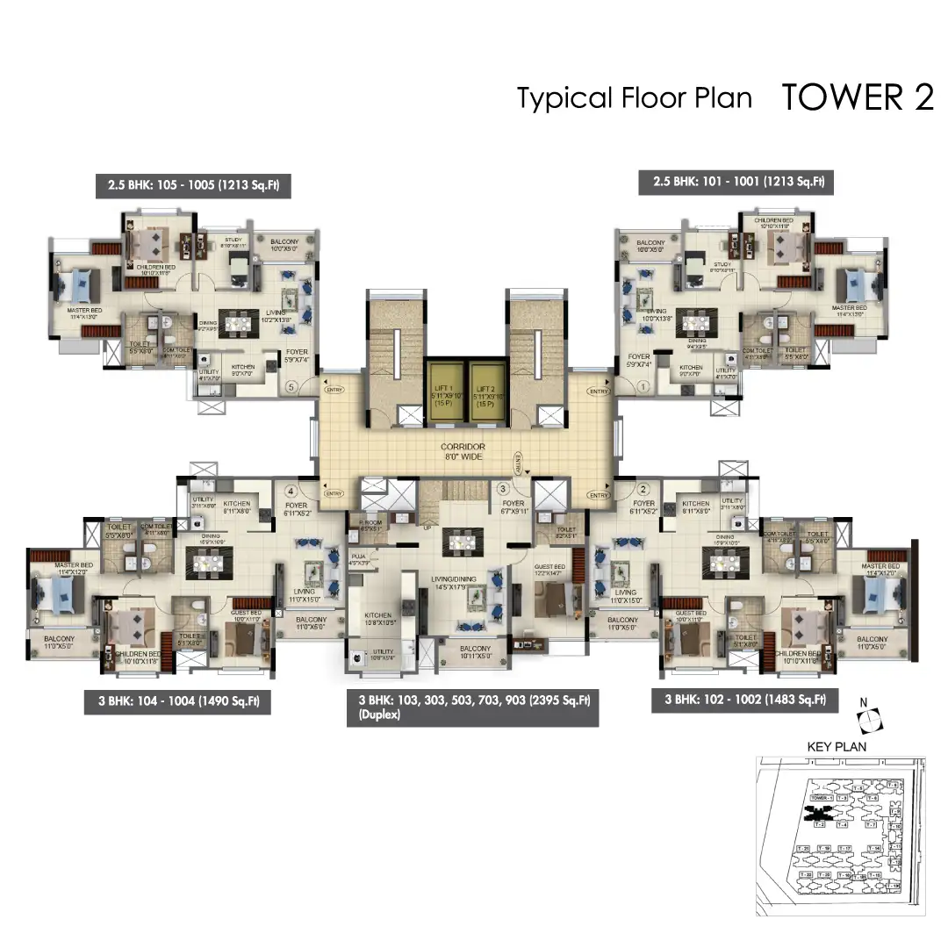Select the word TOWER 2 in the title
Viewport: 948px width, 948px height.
pos(857,98)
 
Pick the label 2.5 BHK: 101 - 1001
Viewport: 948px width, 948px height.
pos(737,182)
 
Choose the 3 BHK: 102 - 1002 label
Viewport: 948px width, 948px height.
pos(744,700)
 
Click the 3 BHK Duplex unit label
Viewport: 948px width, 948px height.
pos(473,707)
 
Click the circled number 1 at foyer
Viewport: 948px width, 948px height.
pos(642,385)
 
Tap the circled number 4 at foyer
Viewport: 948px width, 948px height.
pos(291,492)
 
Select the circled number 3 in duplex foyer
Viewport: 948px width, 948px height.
pos(503,488)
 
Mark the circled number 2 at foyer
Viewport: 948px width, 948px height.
pos(643,490)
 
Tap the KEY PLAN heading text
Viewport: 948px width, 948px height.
pos(836,747)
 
